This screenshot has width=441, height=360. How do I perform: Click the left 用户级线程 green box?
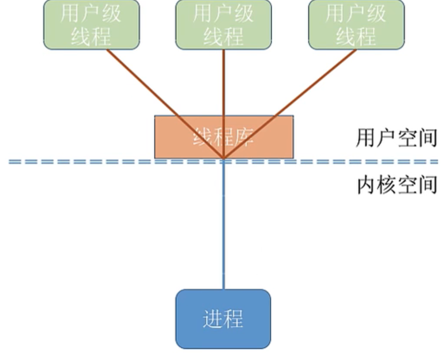(91, 24)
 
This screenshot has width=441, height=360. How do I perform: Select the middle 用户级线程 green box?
(223, 24)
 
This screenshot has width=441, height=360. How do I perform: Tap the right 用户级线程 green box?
(356, 24)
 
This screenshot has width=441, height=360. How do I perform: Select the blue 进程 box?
(223, 319)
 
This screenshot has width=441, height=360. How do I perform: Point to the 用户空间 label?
(396, 138)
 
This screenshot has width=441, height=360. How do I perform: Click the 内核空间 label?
(396, 185)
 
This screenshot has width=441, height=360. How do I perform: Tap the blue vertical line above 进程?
(223, 230)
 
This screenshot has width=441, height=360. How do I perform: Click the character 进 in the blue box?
(213, 319)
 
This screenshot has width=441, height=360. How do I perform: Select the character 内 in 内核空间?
(366, 185)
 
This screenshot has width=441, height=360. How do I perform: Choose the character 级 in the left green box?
(111, 13)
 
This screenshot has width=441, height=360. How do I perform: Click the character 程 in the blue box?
(233, 319)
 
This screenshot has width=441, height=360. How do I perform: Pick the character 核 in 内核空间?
(386, 185)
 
